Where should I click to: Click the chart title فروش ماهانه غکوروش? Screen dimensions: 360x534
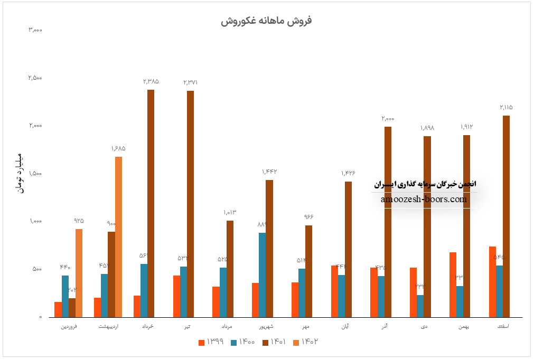pos(266,21)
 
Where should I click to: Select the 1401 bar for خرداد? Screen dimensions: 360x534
pos(151,203)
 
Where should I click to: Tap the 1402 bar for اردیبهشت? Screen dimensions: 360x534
pos(118,236)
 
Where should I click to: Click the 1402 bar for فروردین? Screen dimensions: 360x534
pos(79,273)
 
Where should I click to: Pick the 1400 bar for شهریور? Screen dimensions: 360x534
pos(262,274)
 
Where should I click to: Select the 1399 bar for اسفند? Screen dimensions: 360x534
pos(492,281)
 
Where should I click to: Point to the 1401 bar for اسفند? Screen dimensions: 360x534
pos(506,216)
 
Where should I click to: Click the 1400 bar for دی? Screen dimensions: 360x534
pos(420,306)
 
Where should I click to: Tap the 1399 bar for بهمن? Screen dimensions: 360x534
pos(453,285)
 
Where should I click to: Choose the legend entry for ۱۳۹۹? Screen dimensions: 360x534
pos(211,342)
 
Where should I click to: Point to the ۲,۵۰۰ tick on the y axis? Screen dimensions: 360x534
pos(35,78)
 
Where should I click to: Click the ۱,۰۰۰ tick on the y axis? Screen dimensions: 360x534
pos(35,222)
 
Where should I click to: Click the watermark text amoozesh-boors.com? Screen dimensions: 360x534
pos(424,200)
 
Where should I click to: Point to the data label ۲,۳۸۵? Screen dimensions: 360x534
pos(151,82)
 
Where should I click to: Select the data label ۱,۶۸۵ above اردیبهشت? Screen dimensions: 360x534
pos(118,149)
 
